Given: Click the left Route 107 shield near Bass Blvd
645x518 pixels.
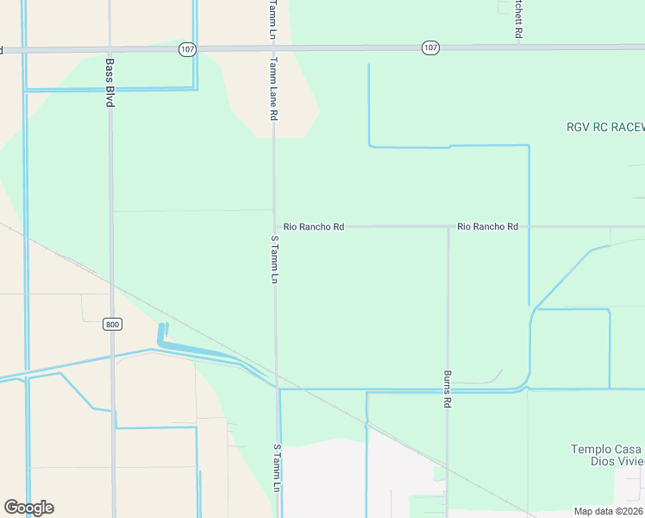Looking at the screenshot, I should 187,48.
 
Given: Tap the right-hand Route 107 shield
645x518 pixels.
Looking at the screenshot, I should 430,48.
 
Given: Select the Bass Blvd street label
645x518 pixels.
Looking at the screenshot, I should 110,83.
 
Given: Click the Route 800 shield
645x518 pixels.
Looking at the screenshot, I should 112,324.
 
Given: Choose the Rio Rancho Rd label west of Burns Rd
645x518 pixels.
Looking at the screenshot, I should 314,226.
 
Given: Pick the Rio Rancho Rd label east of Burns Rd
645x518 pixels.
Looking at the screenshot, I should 487,226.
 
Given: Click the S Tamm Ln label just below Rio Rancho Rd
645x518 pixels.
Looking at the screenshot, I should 274,259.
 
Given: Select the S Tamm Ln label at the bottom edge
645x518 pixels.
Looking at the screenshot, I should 277,469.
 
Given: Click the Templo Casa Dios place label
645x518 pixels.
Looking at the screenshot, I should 607,455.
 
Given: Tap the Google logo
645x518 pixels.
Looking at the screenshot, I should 28,508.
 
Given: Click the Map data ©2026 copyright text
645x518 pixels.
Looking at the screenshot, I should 609,511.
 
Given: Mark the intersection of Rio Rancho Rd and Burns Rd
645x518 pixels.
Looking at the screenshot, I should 448,226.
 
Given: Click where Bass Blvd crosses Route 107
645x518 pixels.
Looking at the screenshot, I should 110,49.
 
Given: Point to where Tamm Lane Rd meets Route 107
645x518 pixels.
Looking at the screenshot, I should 273,48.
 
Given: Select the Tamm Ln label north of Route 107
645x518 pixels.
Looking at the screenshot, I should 272,18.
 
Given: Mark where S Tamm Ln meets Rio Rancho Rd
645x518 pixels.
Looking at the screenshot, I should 274,226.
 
